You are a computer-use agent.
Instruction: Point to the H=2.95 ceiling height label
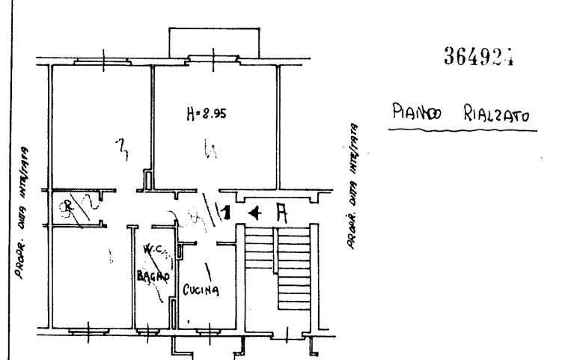(x=205, y=115)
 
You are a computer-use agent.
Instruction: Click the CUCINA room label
(x=201, y=290)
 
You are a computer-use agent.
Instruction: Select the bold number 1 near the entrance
(x=225, y=214)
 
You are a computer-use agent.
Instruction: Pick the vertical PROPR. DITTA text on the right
(x=350, y=187)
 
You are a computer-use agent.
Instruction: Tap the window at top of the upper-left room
(x=102, y=59)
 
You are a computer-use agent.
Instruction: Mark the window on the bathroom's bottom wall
(x=153, y=330)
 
